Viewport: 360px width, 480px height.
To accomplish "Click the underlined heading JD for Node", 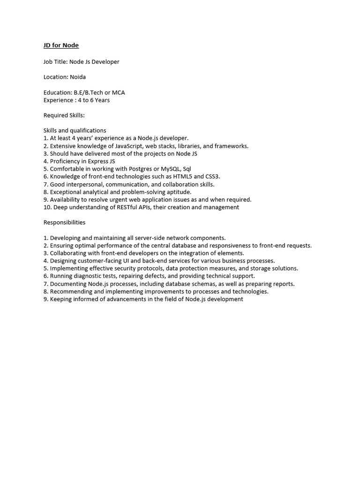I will point(61,45).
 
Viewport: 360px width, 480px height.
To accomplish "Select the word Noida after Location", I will point(78,77).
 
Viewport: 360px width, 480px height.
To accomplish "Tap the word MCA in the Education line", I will point(118,92).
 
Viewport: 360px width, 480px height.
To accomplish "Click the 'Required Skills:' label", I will point(64,115).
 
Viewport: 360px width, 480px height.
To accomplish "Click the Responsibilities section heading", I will point(65,222).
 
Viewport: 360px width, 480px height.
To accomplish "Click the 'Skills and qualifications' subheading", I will point(75,130).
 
